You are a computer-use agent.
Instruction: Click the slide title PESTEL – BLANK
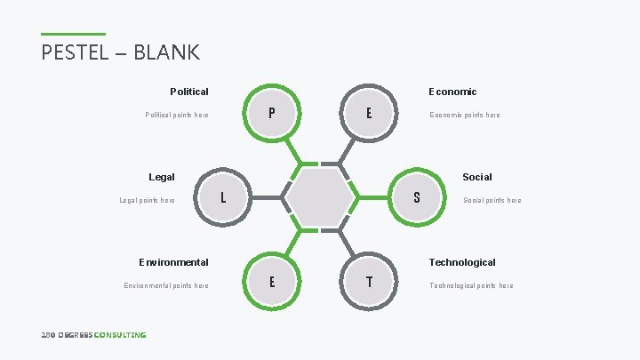pos(121,52)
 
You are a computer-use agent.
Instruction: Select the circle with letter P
pos(271,113)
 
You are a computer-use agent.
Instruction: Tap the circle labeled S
pos(417,197)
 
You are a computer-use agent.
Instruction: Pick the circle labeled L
pos(222,197)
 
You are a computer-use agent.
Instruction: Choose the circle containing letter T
pos(369,282)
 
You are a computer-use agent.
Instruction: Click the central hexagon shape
pos(320,197)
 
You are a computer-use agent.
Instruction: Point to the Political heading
pos(189,92)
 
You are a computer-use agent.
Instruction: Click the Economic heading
pos(452,92)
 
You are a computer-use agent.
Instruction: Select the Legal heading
pos(162,177)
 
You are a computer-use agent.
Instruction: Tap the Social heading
pos(477,177)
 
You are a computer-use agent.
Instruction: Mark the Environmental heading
pos(173,262)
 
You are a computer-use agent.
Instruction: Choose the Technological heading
pos(462,262)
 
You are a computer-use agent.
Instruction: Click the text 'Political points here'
pos(177,115)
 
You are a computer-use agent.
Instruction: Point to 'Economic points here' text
pos(465,115)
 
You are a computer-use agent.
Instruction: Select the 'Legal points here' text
pos(148,200)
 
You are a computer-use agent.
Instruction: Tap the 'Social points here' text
pos(492,200)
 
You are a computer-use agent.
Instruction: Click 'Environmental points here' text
pos(166,285)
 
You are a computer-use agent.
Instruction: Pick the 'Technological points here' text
pos(471,285)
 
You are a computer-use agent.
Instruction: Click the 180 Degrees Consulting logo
pos(93,334)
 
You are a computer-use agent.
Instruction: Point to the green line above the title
pos(73,35)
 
